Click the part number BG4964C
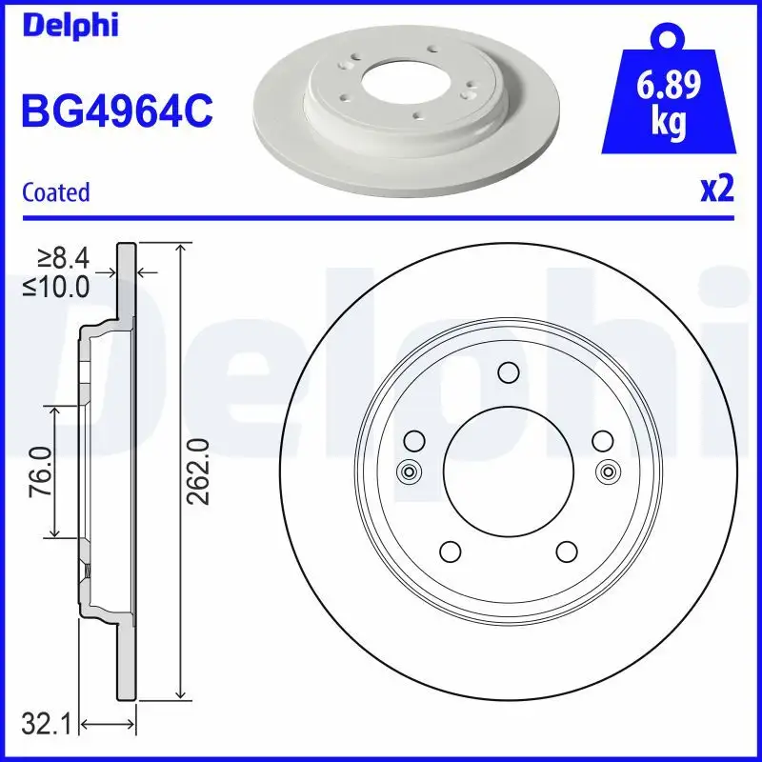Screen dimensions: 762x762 (x=116, y=110)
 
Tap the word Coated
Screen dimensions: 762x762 (x=55, y=191)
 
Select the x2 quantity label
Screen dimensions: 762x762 (x=716, y=190)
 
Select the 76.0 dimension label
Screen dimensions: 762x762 (x=38, y=471)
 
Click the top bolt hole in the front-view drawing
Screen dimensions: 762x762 (x=509, y=372)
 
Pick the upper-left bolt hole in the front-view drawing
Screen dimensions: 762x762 (x=414, y=440)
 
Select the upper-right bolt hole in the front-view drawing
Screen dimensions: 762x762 (x=602, y=440)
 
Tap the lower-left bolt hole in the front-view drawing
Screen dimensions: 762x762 (x=451, y=551)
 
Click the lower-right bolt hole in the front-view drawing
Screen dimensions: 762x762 (x=567, y=551)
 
